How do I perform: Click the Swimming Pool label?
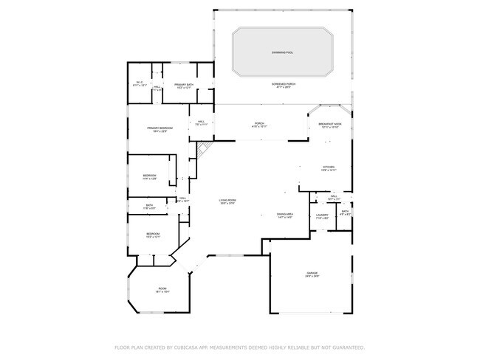click(283, 53)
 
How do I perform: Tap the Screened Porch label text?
click(281, 86)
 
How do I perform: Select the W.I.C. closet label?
click(140, 83)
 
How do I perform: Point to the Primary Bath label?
click(184, 86)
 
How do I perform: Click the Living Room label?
click(227, 201)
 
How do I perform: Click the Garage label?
click(312, 274)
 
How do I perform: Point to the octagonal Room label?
click(162, 290)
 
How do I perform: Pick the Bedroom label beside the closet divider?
click(150, 176)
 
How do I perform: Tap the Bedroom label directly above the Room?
click(153, 235)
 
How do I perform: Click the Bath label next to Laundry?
click(345, 213)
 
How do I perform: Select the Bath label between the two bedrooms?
click(149, 207)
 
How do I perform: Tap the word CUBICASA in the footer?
click(185, 347)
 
